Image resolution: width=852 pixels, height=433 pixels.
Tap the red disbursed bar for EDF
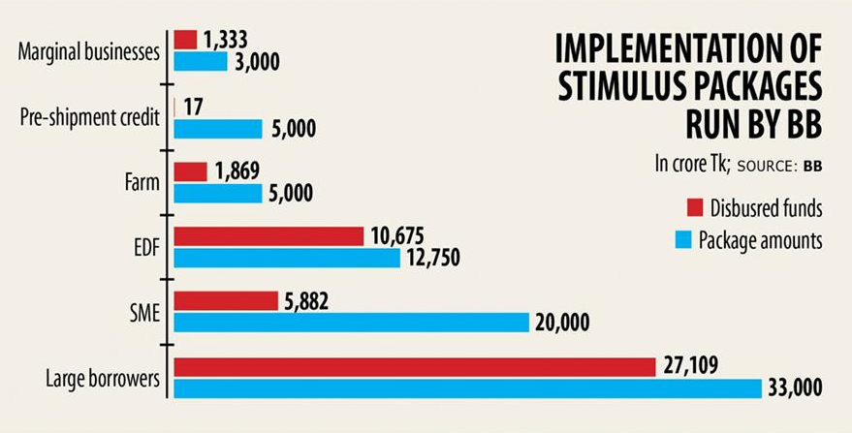(x=268, y=236)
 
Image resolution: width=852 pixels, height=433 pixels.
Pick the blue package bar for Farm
(x=218, y=193)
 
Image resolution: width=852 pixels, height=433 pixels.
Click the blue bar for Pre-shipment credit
(x=218, y=128)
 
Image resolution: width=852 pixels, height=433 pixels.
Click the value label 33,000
(x=795, y=388)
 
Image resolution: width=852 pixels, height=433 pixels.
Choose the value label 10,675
(x=396, y=235)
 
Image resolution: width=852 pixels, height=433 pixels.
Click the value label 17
(x=193, y=106)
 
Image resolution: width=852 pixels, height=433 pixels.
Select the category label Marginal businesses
(x=88, y=51)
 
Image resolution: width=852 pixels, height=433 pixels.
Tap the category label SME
(x=143, y=312)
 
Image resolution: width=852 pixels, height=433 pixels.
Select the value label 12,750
(x=433, y=258)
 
